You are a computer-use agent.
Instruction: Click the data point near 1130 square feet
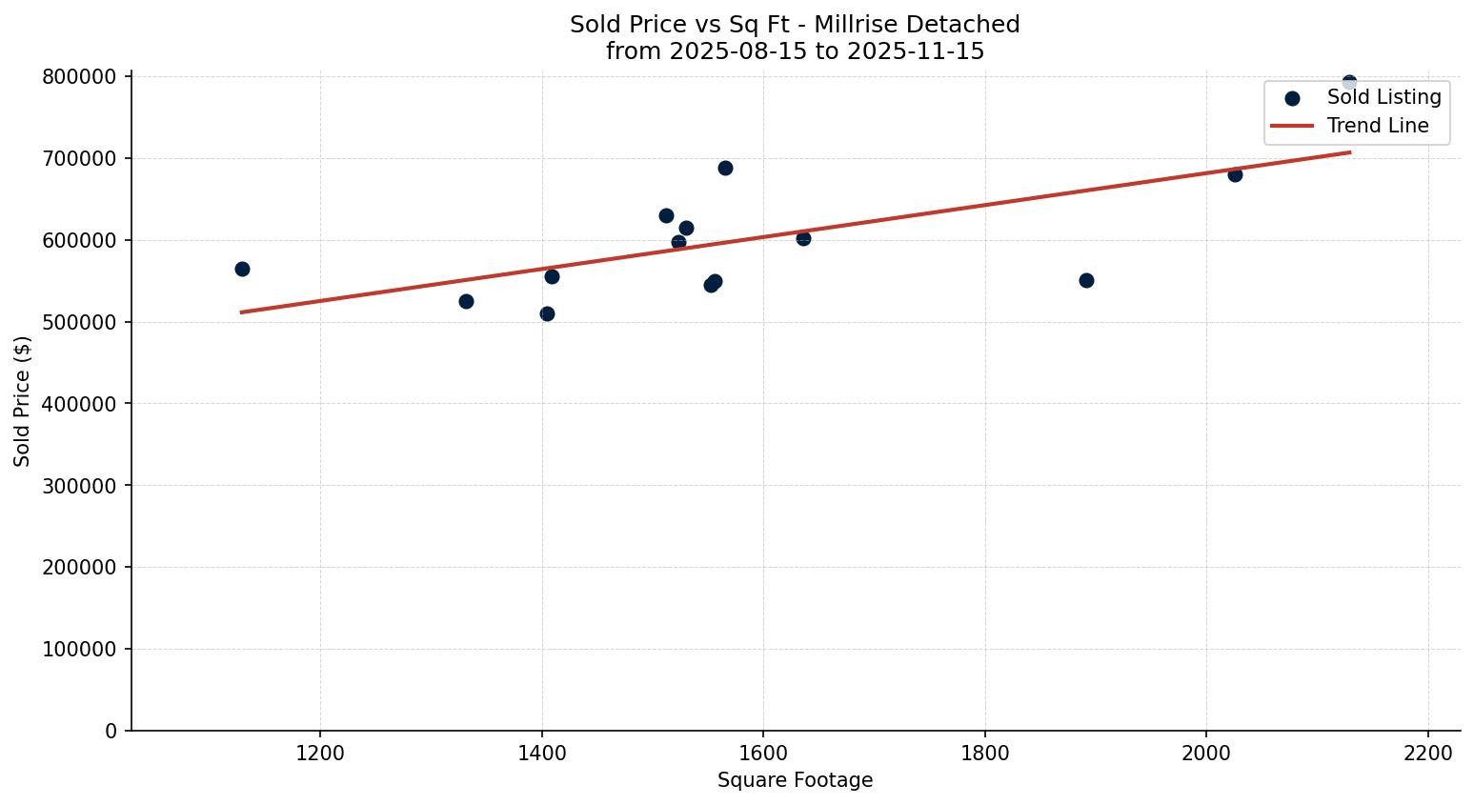pos(242,269)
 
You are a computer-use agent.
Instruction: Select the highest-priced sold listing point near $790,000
pos(1349,83)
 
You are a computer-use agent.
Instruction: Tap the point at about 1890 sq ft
pos(1086,280)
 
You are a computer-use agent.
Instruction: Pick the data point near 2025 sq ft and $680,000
pos(1235,174)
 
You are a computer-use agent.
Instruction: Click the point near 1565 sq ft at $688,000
pos(725,168)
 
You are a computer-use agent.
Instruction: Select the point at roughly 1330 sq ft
pos(466,301)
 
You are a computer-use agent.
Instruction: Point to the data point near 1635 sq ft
pos(803,238)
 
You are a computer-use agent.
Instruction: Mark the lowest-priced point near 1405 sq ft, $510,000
pos(547,313)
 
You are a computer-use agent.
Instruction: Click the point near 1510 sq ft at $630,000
pos(666,215)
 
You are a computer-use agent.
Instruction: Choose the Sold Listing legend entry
pos(1383,97)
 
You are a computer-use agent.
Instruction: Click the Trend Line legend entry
pos(1378,126)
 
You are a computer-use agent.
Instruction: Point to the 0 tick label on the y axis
pos(111,731)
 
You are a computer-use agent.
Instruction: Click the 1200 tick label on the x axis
pos(320,753)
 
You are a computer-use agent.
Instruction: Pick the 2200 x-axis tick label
pos(1427,753)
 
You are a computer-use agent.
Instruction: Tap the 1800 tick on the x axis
pos(984,753)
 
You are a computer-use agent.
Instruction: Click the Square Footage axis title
pos(795,780)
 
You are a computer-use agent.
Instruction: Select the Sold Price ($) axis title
pos(23,400)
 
